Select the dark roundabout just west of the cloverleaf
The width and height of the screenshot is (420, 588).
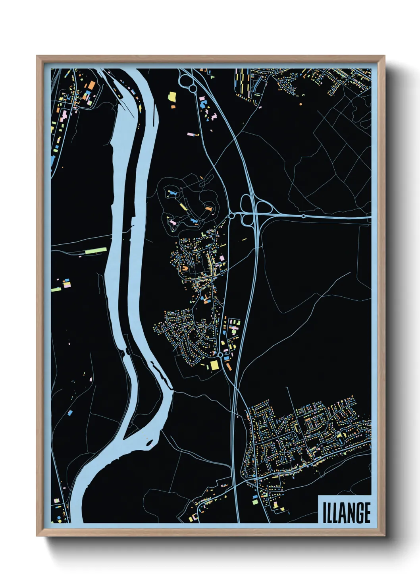pyautogui.click(x=231, y=216)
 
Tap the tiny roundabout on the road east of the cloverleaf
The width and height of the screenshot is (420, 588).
pyautogui.click(x=304, y=216)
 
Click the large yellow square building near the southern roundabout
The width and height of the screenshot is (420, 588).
pyautogui.click(x=215, y=365)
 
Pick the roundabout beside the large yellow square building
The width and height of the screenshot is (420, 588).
pyautogui.click(x=220, y=354)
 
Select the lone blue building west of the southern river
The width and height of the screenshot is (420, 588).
pyautogui.click(x=70, y=413)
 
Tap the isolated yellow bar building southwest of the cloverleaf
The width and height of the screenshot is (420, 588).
pyautogui.click(x=244, y=240)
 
